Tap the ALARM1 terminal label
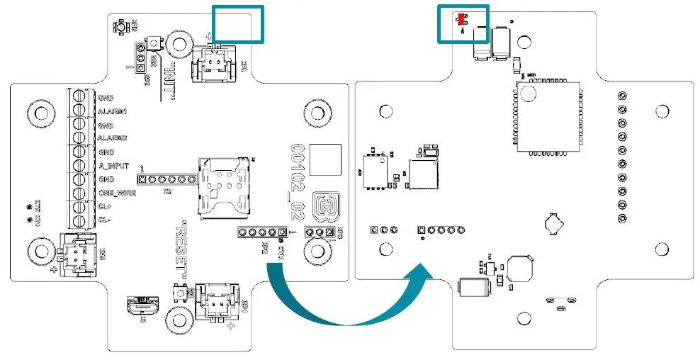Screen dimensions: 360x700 click(112, 112)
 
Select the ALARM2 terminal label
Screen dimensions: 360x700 click(112, 138)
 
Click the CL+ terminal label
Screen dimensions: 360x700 click(106, 206)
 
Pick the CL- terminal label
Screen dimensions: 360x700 click(105, 219)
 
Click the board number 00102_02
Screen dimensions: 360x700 click(298, 180)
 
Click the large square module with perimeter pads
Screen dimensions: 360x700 click(548, 114)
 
